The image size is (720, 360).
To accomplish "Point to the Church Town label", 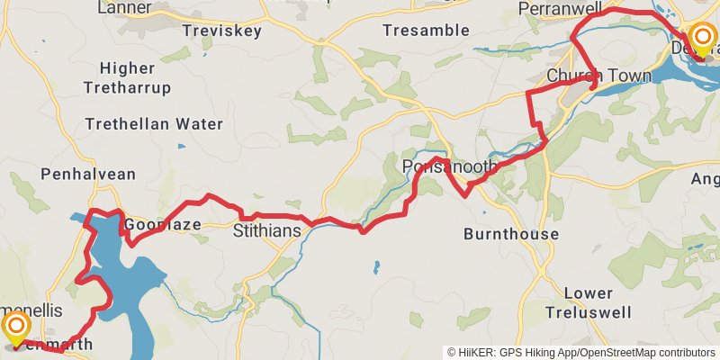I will click(599, 76).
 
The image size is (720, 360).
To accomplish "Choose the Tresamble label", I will click(426, 31).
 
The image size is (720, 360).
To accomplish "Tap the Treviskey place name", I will click(221, 31).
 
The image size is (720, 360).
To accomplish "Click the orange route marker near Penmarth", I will click(17, 327).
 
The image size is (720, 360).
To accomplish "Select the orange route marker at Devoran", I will click(701, 38).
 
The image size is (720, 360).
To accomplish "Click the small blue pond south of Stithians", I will click(375, 267).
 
